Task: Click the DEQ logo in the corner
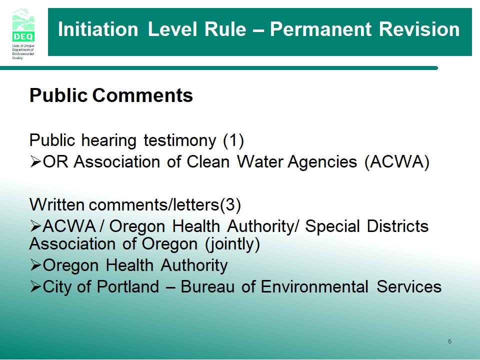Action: (x=23, y=34)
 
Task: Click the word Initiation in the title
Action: (x=98, y=29)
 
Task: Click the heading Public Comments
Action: (x=111, y=95)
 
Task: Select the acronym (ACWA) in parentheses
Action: (x=397, y=161)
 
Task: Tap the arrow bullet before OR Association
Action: (x=35, y=161)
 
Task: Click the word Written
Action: (x=57, y=204)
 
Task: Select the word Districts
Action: (x=397, y=226)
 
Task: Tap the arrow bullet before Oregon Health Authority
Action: (x=35, y=265)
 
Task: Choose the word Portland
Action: (x=128, y=287)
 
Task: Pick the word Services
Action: (x=409, y=287)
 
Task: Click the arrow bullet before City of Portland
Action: (x=35, y=286)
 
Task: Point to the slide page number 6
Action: (x=449, y=341)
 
